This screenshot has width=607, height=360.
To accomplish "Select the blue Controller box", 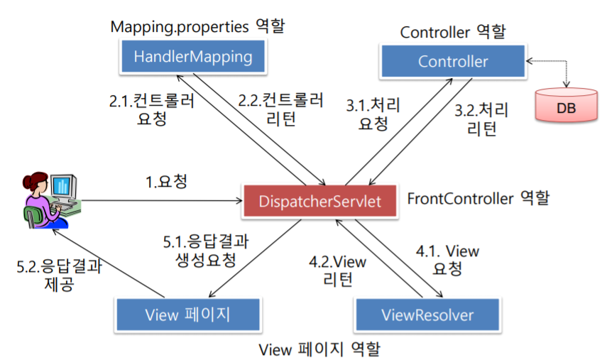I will [453, 62].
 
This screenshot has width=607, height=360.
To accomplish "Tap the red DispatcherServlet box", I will [319, 202].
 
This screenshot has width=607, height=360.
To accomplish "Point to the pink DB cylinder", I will [566, 106].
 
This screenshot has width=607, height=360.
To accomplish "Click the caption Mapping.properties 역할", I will [197, 27].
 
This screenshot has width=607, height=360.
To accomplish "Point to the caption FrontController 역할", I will [478, 198].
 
